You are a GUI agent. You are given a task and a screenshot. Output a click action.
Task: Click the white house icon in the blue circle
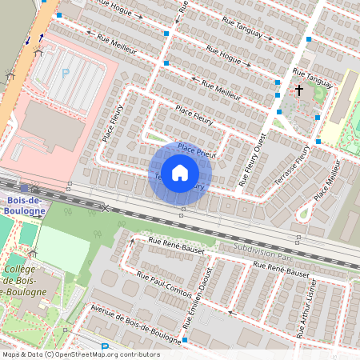click(180, 172)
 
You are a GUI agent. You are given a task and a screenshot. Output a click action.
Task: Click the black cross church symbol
click(300, 90)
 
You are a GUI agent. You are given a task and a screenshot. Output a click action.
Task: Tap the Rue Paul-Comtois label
click(164, 287)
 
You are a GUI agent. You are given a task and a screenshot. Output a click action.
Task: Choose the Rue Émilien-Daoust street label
click(197, 301)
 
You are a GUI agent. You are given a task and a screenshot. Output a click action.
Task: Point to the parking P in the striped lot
click(66, 74)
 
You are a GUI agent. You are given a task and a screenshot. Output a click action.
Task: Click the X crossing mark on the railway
click(105, 208)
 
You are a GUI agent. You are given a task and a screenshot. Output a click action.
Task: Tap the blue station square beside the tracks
click(25, 186)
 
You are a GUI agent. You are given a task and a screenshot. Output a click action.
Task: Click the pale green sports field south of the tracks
click(63, 248)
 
